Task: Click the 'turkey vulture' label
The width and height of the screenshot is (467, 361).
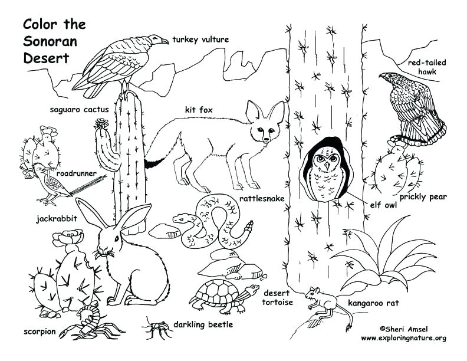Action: point(200,40)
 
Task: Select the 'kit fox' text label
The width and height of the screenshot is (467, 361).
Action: point(199,110)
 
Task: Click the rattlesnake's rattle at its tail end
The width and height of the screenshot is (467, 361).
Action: point(249,227)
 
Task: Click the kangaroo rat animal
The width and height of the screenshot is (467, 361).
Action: point(321,300)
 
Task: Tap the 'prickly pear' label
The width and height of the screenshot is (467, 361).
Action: point(423,197)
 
